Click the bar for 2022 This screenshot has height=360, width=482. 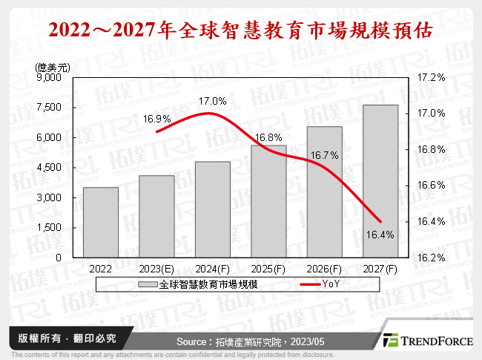click(x=101, y=223)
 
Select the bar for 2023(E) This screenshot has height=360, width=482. click(x=156, y=217)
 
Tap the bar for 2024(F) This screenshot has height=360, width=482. click(x=212, y=209)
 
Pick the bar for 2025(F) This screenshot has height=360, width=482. click(x=268, y=201)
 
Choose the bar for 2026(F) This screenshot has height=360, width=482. click(x=324, y=192)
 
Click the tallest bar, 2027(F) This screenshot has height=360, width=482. click(x=380, y=181)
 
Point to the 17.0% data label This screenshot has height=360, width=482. click(x=212, y=101)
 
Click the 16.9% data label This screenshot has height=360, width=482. click(x=157, y=118)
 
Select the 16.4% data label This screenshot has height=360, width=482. click(x=380, y=235)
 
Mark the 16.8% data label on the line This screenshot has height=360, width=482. click(x=267, y=137)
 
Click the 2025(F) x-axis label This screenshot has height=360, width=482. click(x=268, y=269)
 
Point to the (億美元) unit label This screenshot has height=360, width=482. click(x=53, y=66)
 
